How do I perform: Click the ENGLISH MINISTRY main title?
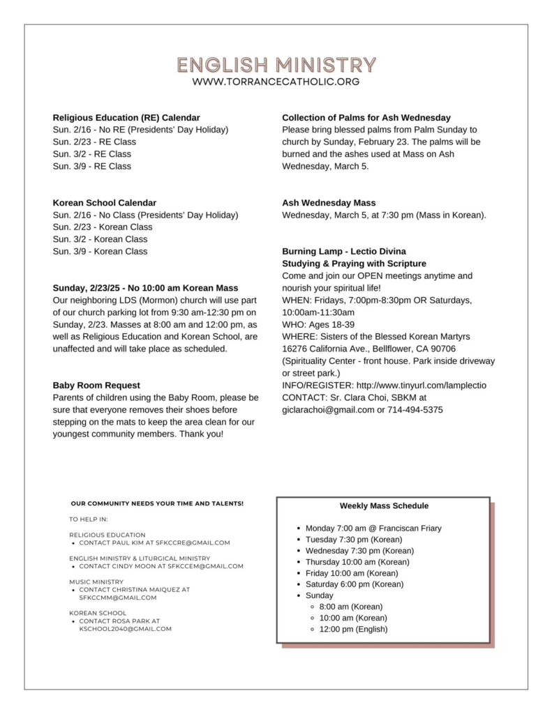coord(276,65)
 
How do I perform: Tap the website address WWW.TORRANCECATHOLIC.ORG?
coord(276,82)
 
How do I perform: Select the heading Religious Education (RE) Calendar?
coord(126,117)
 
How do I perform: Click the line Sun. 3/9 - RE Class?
coord(91,166)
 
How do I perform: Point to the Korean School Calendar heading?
coord(104,202)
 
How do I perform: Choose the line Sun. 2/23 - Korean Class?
coord(102,227)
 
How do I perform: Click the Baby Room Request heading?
coord(96,385)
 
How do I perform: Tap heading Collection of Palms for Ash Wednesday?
coord(366,117)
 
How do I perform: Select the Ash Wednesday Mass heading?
coord(328,203)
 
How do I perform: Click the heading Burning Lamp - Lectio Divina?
coord(343,251)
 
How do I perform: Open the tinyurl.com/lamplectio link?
coord(421,385)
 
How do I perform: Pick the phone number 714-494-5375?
coord(415,409)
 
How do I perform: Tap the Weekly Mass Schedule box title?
coord(384,506)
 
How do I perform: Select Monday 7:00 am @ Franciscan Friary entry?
coord(373,529)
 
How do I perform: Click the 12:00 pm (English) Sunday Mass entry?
coord(353,629)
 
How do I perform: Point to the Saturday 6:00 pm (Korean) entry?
coord(355,584)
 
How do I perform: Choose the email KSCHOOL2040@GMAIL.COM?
coord(125,628)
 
